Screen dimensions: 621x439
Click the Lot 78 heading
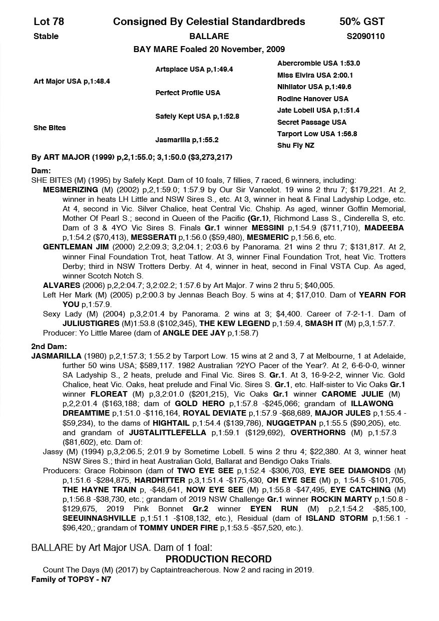click(49, 22)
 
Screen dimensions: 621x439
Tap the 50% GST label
click(362, 22)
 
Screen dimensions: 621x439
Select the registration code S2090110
click(365, 37)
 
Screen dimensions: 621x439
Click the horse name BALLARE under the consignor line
click(209, 37)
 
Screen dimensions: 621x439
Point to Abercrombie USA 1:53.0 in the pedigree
click(318, 64)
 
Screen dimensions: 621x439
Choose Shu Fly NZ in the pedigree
click(295, 146)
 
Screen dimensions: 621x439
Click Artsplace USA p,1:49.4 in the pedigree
click(194, 69)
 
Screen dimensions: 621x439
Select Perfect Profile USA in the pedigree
click(188, 93)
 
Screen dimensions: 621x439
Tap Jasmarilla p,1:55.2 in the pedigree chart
click(187, 140)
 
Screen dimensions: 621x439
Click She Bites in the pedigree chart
click(50, 128)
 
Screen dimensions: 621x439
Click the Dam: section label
click(41, 171)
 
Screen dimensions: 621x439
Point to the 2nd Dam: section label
click(49, 347)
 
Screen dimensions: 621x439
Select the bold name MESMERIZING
click(71, 190)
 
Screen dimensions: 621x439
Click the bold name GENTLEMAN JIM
click(74, 247)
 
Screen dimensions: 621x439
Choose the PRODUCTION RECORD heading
click(219, 559)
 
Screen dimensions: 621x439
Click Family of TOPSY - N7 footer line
click(71, 579)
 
